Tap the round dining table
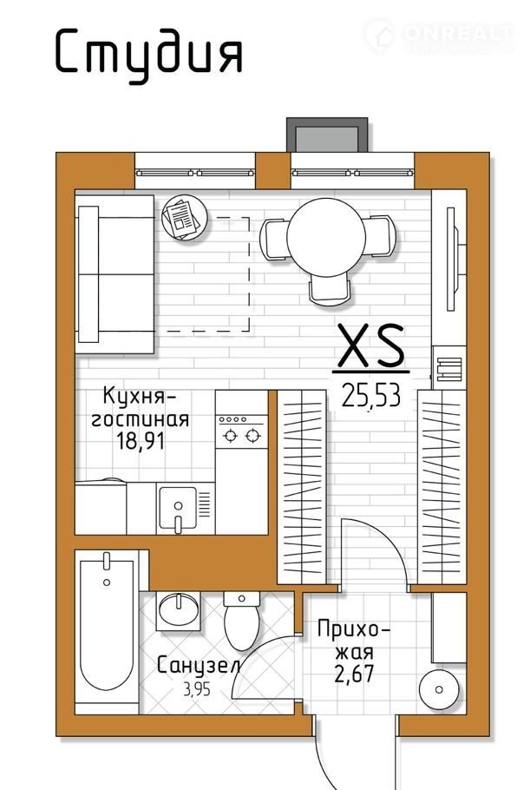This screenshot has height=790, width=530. pos(326,237)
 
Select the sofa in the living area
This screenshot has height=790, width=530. pos(115,274)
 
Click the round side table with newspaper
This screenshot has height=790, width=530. pos(185,217)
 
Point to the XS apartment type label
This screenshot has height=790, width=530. pos(371,346)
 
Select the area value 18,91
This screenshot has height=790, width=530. pos(141,441)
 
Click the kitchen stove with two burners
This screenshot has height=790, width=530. pos(242,431)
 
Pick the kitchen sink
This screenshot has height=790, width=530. pos(177,508)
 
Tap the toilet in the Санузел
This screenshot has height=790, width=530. pos(242,621)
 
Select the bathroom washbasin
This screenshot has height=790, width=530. pos(178,610)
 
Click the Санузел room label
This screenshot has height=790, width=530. pos(198,666)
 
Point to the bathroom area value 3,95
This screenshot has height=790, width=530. pos(197,688)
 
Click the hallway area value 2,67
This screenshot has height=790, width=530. pos(355,675)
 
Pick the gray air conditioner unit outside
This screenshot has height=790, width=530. pos(327,135)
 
